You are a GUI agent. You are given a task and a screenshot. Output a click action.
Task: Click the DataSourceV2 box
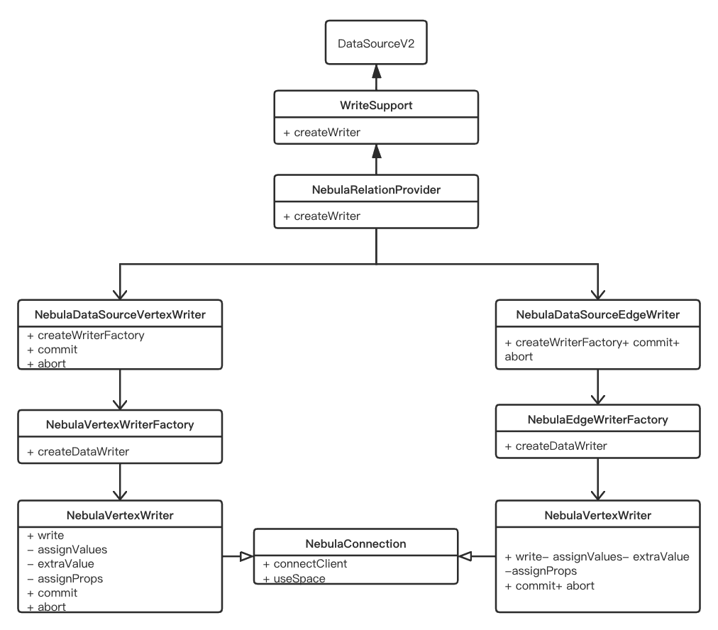pos(375,44)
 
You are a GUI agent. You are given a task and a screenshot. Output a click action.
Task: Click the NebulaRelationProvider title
pos(375,189)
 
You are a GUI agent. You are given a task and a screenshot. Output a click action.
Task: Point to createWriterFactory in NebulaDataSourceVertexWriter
pos(91,335)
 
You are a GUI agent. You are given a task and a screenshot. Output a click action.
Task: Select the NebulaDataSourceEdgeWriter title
pos(598,314)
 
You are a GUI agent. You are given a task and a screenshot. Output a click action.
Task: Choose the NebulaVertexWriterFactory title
pos(120,425)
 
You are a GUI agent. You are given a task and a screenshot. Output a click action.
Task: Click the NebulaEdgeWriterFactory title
pos(598,420)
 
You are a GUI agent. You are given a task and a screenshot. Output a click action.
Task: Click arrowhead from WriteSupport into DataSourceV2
pos(375,70)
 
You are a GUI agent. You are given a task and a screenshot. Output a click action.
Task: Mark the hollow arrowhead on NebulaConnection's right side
pos(465,556)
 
